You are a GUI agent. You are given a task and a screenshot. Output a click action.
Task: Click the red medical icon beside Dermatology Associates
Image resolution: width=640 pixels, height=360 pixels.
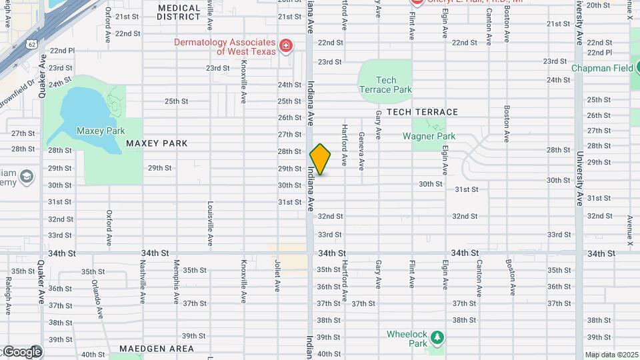click(286, 45)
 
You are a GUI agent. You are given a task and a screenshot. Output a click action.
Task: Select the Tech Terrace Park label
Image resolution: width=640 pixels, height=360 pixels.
click(385, 85)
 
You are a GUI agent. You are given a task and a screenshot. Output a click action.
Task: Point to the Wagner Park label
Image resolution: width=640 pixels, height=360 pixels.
click(429, 136)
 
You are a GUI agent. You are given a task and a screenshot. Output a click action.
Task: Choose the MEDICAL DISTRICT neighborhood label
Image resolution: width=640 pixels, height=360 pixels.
click(179, 12)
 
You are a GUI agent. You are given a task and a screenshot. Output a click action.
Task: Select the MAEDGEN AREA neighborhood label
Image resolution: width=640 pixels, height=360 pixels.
click(157, 349)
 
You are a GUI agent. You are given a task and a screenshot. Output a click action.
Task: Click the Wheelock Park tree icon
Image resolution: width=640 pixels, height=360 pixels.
click(437, 337)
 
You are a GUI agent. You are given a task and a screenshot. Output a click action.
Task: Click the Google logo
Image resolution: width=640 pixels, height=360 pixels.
click(21, 351)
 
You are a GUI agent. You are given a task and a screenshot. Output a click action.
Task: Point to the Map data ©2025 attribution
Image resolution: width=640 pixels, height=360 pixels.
click(611, 355)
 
